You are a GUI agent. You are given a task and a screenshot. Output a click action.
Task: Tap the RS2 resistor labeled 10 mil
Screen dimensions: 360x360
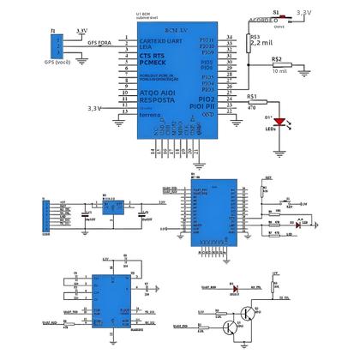coord(276,65)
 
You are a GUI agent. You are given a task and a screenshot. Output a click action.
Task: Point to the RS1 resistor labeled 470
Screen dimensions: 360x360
coord(252,101)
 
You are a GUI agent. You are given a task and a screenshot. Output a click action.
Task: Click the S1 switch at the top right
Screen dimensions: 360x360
coord(277,17)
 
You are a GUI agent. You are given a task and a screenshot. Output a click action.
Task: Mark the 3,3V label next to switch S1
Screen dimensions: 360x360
coord(304,13)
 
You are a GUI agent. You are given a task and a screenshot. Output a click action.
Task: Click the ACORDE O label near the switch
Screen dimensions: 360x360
coord(264,19)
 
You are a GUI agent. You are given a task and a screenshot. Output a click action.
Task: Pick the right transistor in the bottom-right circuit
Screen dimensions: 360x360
coord(250,315)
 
